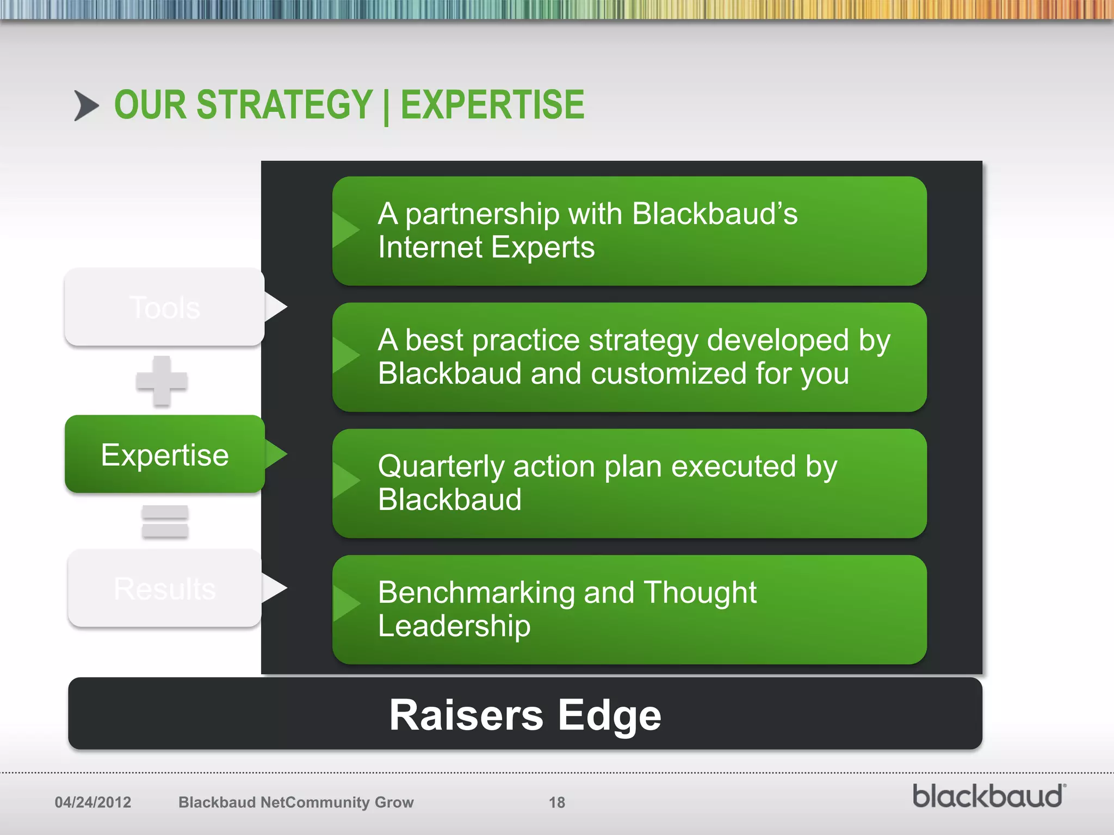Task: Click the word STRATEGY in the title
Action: [x=284, y=105]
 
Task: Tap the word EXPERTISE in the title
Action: [x=492, y=105]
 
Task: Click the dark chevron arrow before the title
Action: [x=86, y=105]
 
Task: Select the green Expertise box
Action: [x=164, y=454]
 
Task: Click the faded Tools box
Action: [x=164, y=307]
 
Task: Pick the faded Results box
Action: [x=164, y=588]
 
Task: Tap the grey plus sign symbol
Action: [x=162, y=381]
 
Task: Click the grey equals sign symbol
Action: [x=165, y=522]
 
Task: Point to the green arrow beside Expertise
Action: [x=276, y=454]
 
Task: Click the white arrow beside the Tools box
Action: [x=275, y=307]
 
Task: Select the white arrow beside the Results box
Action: [x=274, y=588]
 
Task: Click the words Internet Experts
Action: [x=486, y=248]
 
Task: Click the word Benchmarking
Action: [x=476, y=593]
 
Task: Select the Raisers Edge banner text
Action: [x=525, y=715]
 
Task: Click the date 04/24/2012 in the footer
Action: [x=92, y=802]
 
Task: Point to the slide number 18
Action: [x=556, y=802]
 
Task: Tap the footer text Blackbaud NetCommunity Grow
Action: [x=296, y=802]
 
